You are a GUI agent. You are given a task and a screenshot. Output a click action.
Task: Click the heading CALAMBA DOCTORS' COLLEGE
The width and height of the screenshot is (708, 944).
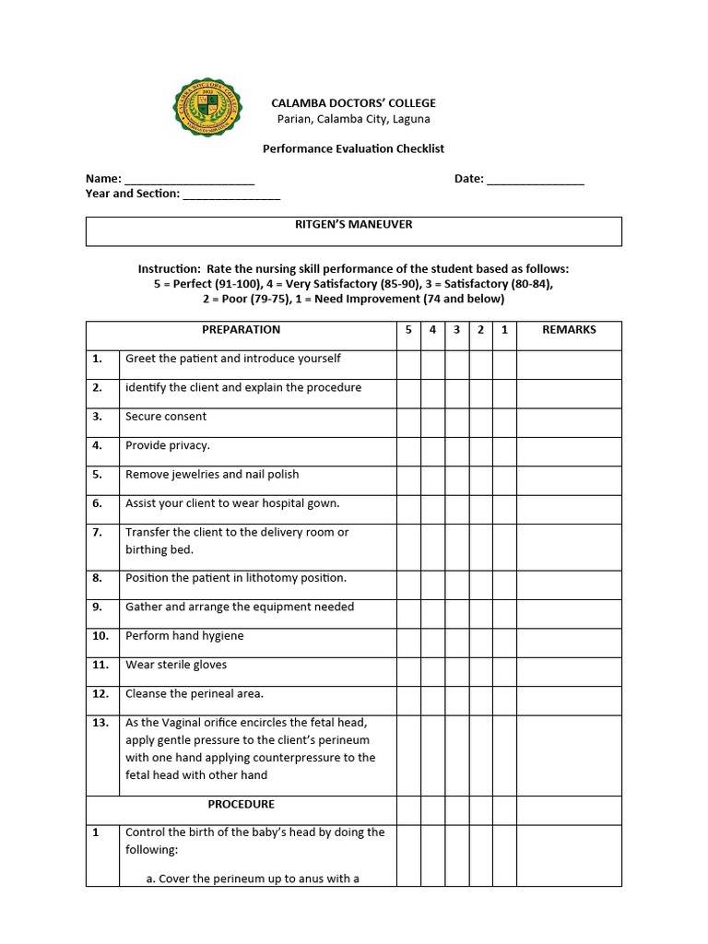point(353,103)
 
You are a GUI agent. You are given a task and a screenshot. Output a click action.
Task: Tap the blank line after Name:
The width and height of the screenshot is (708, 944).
point(189,180)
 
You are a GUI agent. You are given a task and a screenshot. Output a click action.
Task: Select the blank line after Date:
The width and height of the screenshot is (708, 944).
point(535,180)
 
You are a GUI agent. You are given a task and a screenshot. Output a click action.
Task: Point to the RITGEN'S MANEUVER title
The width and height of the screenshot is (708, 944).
point(353,224)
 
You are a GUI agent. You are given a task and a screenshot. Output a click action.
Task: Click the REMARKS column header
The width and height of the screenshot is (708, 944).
point(569,330)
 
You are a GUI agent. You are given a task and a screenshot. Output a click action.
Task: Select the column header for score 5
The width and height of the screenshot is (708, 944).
point(408,330)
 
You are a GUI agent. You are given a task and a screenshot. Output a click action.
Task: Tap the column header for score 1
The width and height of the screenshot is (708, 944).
point(504,330)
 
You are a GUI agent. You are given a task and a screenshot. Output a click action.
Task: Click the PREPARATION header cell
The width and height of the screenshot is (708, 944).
point(241,330)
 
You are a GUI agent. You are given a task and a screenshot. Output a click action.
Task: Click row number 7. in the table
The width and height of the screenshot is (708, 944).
point(98,532)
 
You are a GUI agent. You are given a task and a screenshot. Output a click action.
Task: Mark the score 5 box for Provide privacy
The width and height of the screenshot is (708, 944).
point(408,451)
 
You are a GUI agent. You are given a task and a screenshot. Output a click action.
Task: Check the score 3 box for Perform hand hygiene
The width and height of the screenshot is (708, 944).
point(456,643)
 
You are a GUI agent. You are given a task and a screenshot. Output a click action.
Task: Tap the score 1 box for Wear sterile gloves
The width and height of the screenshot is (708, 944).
point(504,671)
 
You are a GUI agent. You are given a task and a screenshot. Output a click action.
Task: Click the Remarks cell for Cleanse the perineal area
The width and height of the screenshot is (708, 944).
point(569,700)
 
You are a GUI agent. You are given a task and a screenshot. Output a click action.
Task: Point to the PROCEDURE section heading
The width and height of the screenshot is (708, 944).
point(241,805)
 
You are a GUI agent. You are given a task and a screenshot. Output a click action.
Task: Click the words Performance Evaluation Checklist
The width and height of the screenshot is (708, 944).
point(353,148)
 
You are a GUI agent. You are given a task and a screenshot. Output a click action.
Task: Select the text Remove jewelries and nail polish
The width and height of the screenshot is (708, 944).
point(212,475)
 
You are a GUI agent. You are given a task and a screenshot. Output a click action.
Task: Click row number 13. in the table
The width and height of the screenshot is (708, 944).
point(100,723)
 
